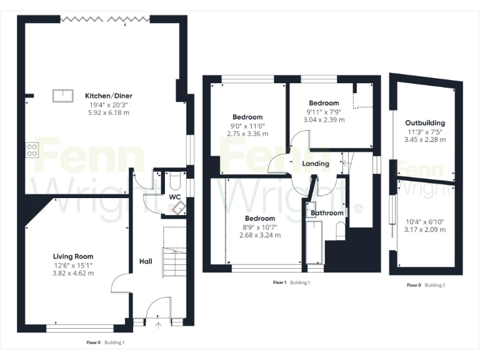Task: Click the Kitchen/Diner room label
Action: click(x=109, y=96)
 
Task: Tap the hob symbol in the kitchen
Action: click(x=32, y=149)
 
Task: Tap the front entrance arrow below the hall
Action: click(x=158, y=325)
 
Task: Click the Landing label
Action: click(x=316, y=164)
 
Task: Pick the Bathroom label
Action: click(x=327, y=213)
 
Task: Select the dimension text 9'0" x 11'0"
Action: click(x=247, y=126)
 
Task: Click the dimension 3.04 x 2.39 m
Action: click(x=324, y=119)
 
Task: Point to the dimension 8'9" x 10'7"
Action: click(x=259, y=227)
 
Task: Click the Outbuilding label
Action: click(x=425, y=123)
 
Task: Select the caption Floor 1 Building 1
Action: click(x=291, y=283)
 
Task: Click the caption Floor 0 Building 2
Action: click(x=426, y=286)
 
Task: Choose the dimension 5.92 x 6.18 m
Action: click(x=109, y=112)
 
